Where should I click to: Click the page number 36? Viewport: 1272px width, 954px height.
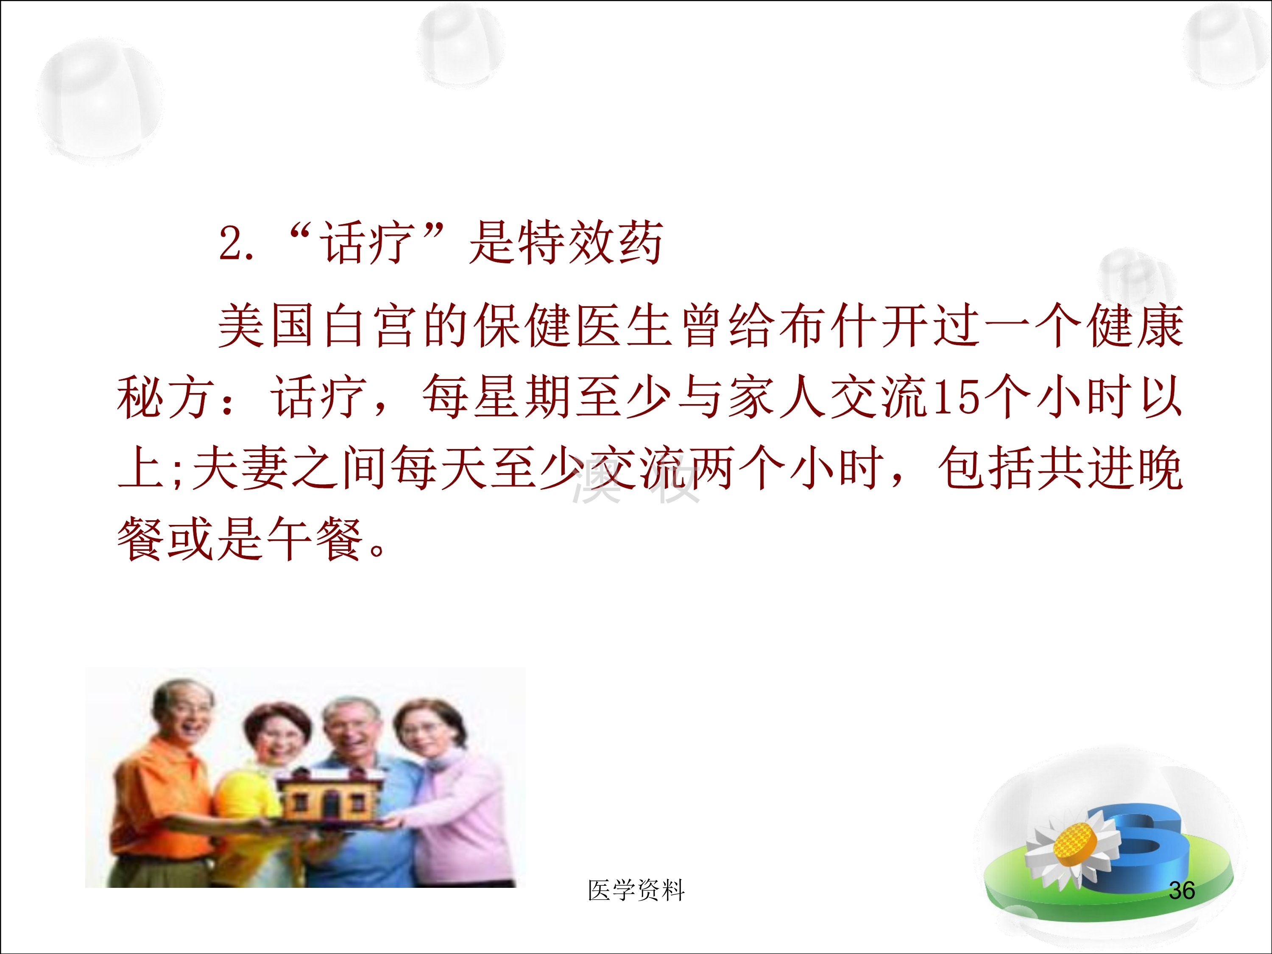(1182, 890)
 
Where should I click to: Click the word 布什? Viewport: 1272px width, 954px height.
(828, 326)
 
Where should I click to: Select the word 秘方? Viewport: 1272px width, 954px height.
(166, 397)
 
